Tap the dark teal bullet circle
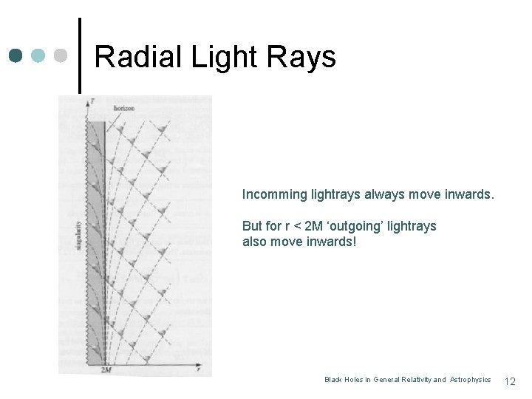coord(17,56)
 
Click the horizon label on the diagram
coord(124,108)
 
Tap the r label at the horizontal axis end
coord(198,366)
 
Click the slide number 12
coord(509,381)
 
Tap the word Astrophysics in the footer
coord(470,380)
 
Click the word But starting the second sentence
coord(253,226)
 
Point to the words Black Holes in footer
coord(344,380)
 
